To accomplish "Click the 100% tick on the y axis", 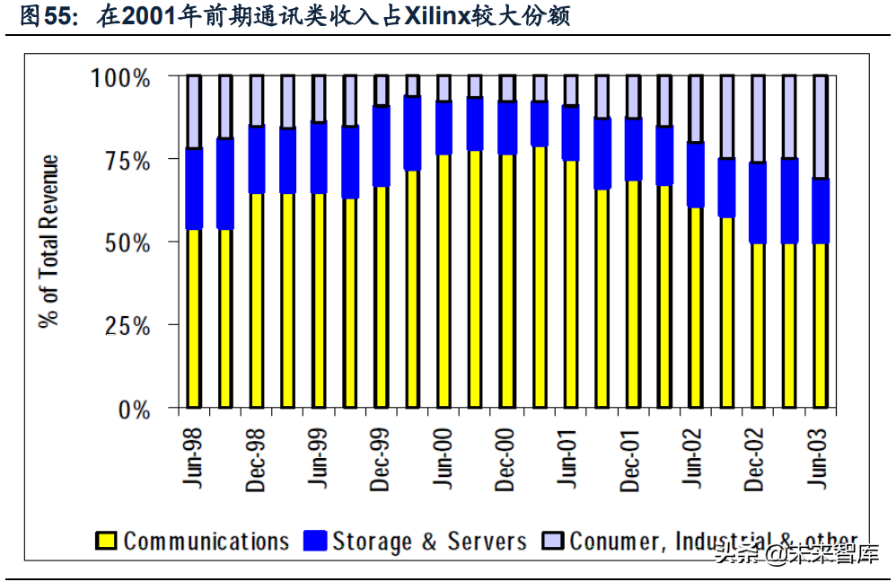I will [x=121, y=78].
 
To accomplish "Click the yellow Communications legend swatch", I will [x=107, y=542].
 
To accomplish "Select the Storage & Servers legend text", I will [x=429, y=542].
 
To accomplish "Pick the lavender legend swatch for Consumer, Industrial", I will [x=553, y=542].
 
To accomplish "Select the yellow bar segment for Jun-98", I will [x=194, y=319].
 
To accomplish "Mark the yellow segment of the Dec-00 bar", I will [x=507, y=282].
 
